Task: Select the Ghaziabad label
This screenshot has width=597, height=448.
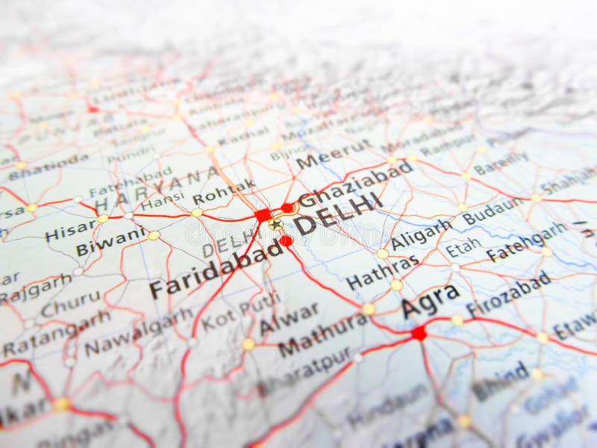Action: pyautogui.click(x=356, y=184)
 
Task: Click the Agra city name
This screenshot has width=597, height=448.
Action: pyautogui.click(x=430, y=300)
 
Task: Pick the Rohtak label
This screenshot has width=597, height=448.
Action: pyautogui.click(x=224, y=192)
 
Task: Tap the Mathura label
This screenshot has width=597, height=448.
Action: pyautogui.click(x=323, y=333)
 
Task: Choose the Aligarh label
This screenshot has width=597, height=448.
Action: pyautogui.click(x=421, y=234)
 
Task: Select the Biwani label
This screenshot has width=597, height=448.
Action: pyautogui.click(x=110, y=240)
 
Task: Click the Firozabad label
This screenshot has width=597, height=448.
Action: pyautogui.click(x=508, y=292)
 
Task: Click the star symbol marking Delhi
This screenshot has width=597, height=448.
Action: pyautogui.click(x=275, y=224)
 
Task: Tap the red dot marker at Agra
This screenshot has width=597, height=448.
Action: pyautogui.click(x=419, y=333)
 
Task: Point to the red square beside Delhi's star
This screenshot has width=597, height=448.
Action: pyautogui.click(x=263, y=215)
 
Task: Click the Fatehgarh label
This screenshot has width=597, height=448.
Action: pyautogui.click(x=526, y=241)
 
